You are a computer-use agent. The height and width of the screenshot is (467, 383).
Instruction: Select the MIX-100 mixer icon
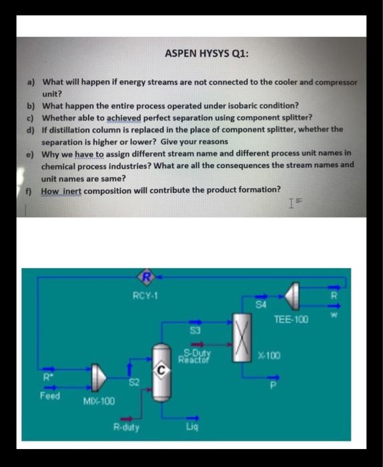(x=99, y=378)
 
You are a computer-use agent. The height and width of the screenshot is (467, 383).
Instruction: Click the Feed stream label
(x=49, y=396)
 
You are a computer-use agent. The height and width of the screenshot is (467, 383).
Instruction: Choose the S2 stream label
(x=133, y=382)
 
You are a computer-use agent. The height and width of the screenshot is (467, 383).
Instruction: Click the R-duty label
(x=126, y=427)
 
